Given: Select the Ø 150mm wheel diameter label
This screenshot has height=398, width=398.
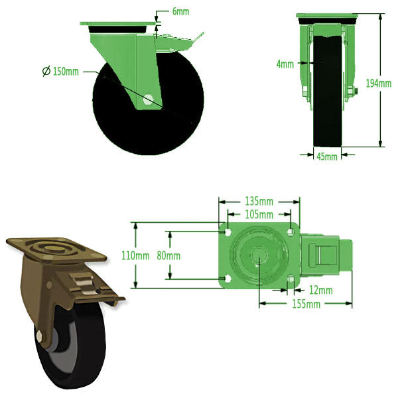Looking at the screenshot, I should pyautogui.click(x=61, y=72).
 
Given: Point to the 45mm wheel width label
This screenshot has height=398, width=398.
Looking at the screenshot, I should pyautogui.click(x=326, y=157).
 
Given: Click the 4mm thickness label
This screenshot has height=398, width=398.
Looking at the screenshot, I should pyautogui.click(x=285, y=64).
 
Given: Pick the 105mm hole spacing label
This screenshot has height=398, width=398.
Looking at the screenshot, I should pyautogui.click(x=259, y=214).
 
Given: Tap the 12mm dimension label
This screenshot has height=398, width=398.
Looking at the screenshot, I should pyautogui.click(x=320, y=289).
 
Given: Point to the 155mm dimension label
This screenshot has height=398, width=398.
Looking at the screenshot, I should pyautogui.click(x=306, y=304).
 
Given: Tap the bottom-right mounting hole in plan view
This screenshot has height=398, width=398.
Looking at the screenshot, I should pyautogui.click(x=289, y=279).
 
